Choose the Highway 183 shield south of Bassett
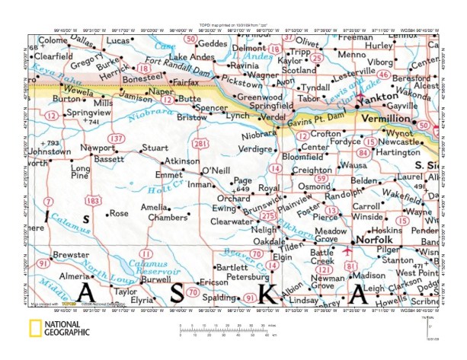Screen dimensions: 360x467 [x=93, y=201]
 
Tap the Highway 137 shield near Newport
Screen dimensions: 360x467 [x=116, y=138]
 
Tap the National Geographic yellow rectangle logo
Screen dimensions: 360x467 [x=35, y=330]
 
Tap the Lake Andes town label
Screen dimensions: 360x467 [x=189, y=58]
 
